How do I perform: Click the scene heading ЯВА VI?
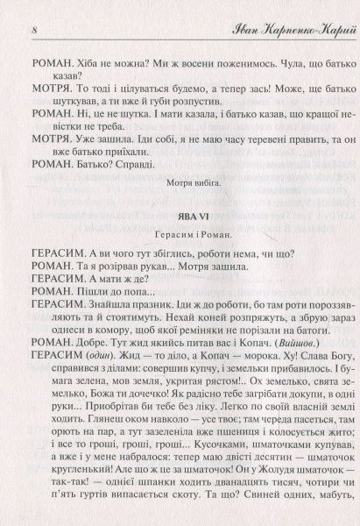[x=180, y=216]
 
